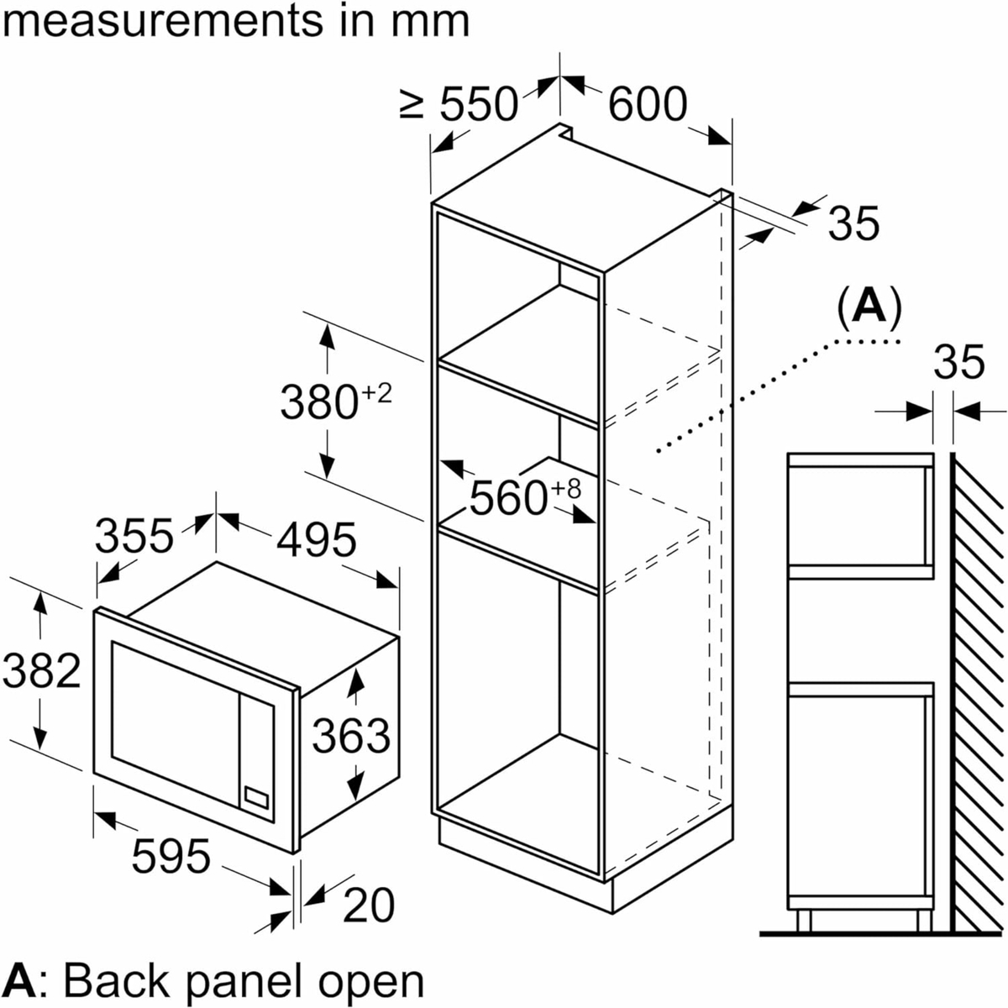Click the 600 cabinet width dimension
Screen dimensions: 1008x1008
coord(647,104)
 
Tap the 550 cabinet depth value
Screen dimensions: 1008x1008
coord(479,104)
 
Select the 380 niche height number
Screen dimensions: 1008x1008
coord(318,402)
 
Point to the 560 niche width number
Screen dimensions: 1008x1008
coord(508,498)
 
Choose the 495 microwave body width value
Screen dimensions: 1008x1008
coord(316,539)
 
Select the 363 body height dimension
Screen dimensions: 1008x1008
coord(351,736)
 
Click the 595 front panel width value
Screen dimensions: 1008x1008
coord(171,856)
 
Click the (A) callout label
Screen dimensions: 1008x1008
coord(869,307)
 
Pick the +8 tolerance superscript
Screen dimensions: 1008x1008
coord(566,489)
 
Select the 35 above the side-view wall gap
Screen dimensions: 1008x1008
coord(959,361)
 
